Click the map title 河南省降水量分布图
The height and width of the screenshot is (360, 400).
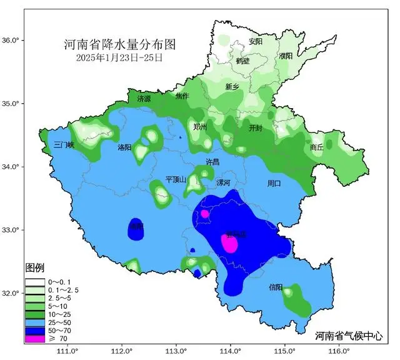(x=119, y=45)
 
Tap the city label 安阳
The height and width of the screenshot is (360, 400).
(x=256, y=42)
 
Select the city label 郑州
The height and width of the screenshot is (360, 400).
(x=200, y=127)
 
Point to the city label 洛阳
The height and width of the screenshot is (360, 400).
(x=124, y=147)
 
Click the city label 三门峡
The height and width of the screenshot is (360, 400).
(x=64, y=144)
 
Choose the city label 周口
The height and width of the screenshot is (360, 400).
(x=274, y=184)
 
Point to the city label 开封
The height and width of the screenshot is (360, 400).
(x=256, y=127)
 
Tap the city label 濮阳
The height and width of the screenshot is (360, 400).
(x=286, y=56)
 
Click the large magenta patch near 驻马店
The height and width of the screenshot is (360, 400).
(x=229, y=242)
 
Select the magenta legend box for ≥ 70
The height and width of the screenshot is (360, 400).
(x=35, y=338)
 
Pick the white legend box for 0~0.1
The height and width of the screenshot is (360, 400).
(x=35, y=281)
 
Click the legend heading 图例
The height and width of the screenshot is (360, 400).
(x=34, y=267)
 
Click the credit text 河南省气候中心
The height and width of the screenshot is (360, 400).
(x=352, y=334)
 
